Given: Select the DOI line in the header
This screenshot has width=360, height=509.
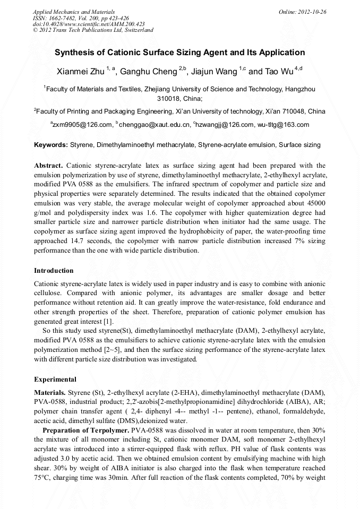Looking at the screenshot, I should (x=89, y=24).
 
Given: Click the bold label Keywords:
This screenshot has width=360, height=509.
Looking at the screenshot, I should (x=51, y=144).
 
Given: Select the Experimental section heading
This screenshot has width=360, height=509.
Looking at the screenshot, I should (x=55, y=379).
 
